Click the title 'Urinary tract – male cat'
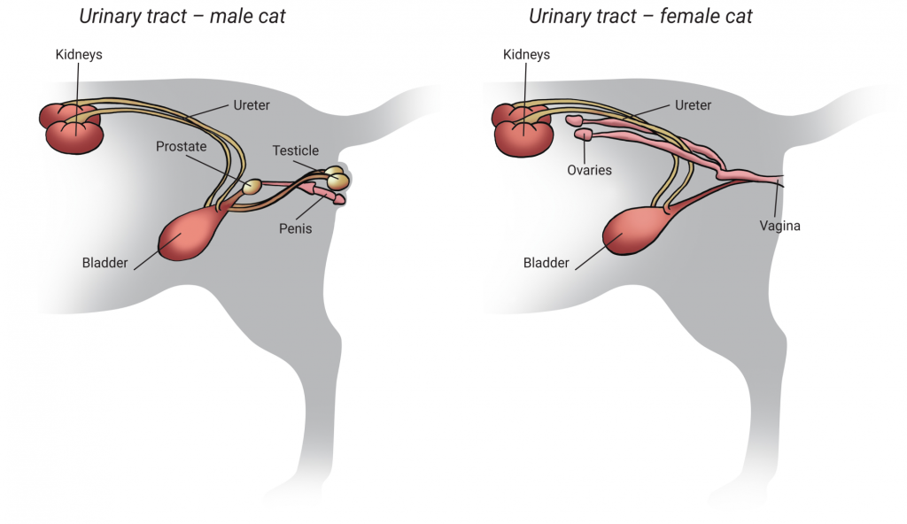click(x=182, y=16)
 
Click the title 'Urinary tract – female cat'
click(x=640, y=16)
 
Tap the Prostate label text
click(x=181, y=146)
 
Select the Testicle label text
click(x=295, y=150)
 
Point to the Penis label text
click(x=294, y=228)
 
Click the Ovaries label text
click(x=589, y=170)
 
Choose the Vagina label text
click(x=779, y=226)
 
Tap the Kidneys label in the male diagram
click(x=78, y=55)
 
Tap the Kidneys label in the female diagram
click(x=526, y=55)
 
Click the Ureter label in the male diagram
click(x=251, y=105)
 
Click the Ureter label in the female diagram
click(x=693, y=105)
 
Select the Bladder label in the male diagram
click(x=105, y=263)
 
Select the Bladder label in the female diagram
click(x=547, y=263)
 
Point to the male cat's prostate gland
click(x=252, y=187)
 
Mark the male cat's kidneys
click(x=73, y=128)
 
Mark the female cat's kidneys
click(x=522, y=128)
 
